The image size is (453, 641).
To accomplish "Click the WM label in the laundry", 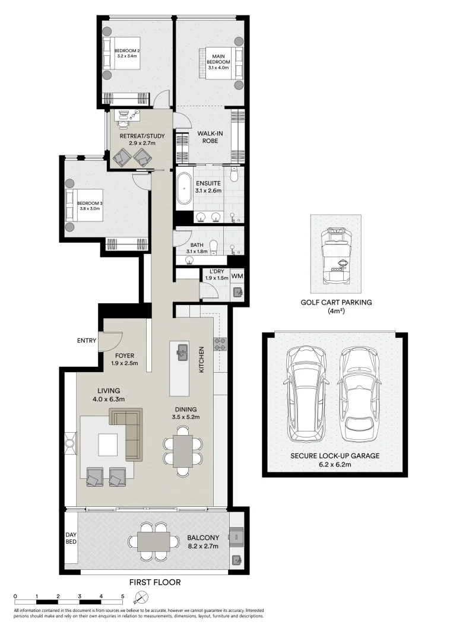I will click(237, 276).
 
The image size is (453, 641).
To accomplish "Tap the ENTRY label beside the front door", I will click(86, 341).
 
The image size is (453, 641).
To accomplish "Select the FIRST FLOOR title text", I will click(153, 582).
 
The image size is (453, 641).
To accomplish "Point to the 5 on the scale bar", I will click(123, 595).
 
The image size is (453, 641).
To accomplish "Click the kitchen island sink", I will click(182, 354).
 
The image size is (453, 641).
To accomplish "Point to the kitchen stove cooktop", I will click(220, 343).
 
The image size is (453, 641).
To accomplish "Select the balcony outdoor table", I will click(154, 541).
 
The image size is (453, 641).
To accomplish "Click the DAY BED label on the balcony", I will click(71, 538).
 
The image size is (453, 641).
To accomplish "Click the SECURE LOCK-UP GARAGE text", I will click(336, 456).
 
